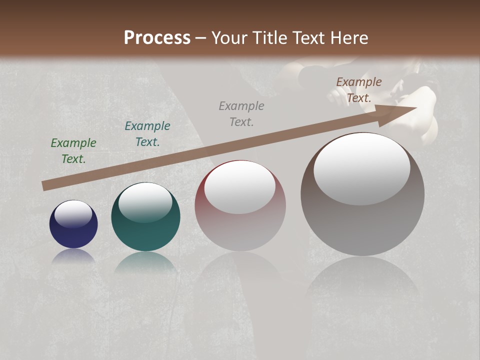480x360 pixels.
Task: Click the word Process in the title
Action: click(x=157, y=38)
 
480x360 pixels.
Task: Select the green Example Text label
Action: click(x=73, y=151)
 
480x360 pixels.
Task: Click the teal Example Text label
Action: click(x=147, y=134)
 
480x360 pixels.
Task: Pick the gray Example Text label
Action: click(x=241, y=114)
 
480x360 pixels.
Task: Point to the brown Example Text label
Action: click(x=359, y=90)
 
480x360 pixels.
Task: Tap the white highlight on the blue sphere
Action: click(x=73, y=214)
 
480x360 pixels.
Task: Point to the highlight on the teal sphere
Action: click(x=145, y=202)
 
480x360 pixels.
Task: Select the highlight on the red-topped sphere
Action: click(x=239, y=187)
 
